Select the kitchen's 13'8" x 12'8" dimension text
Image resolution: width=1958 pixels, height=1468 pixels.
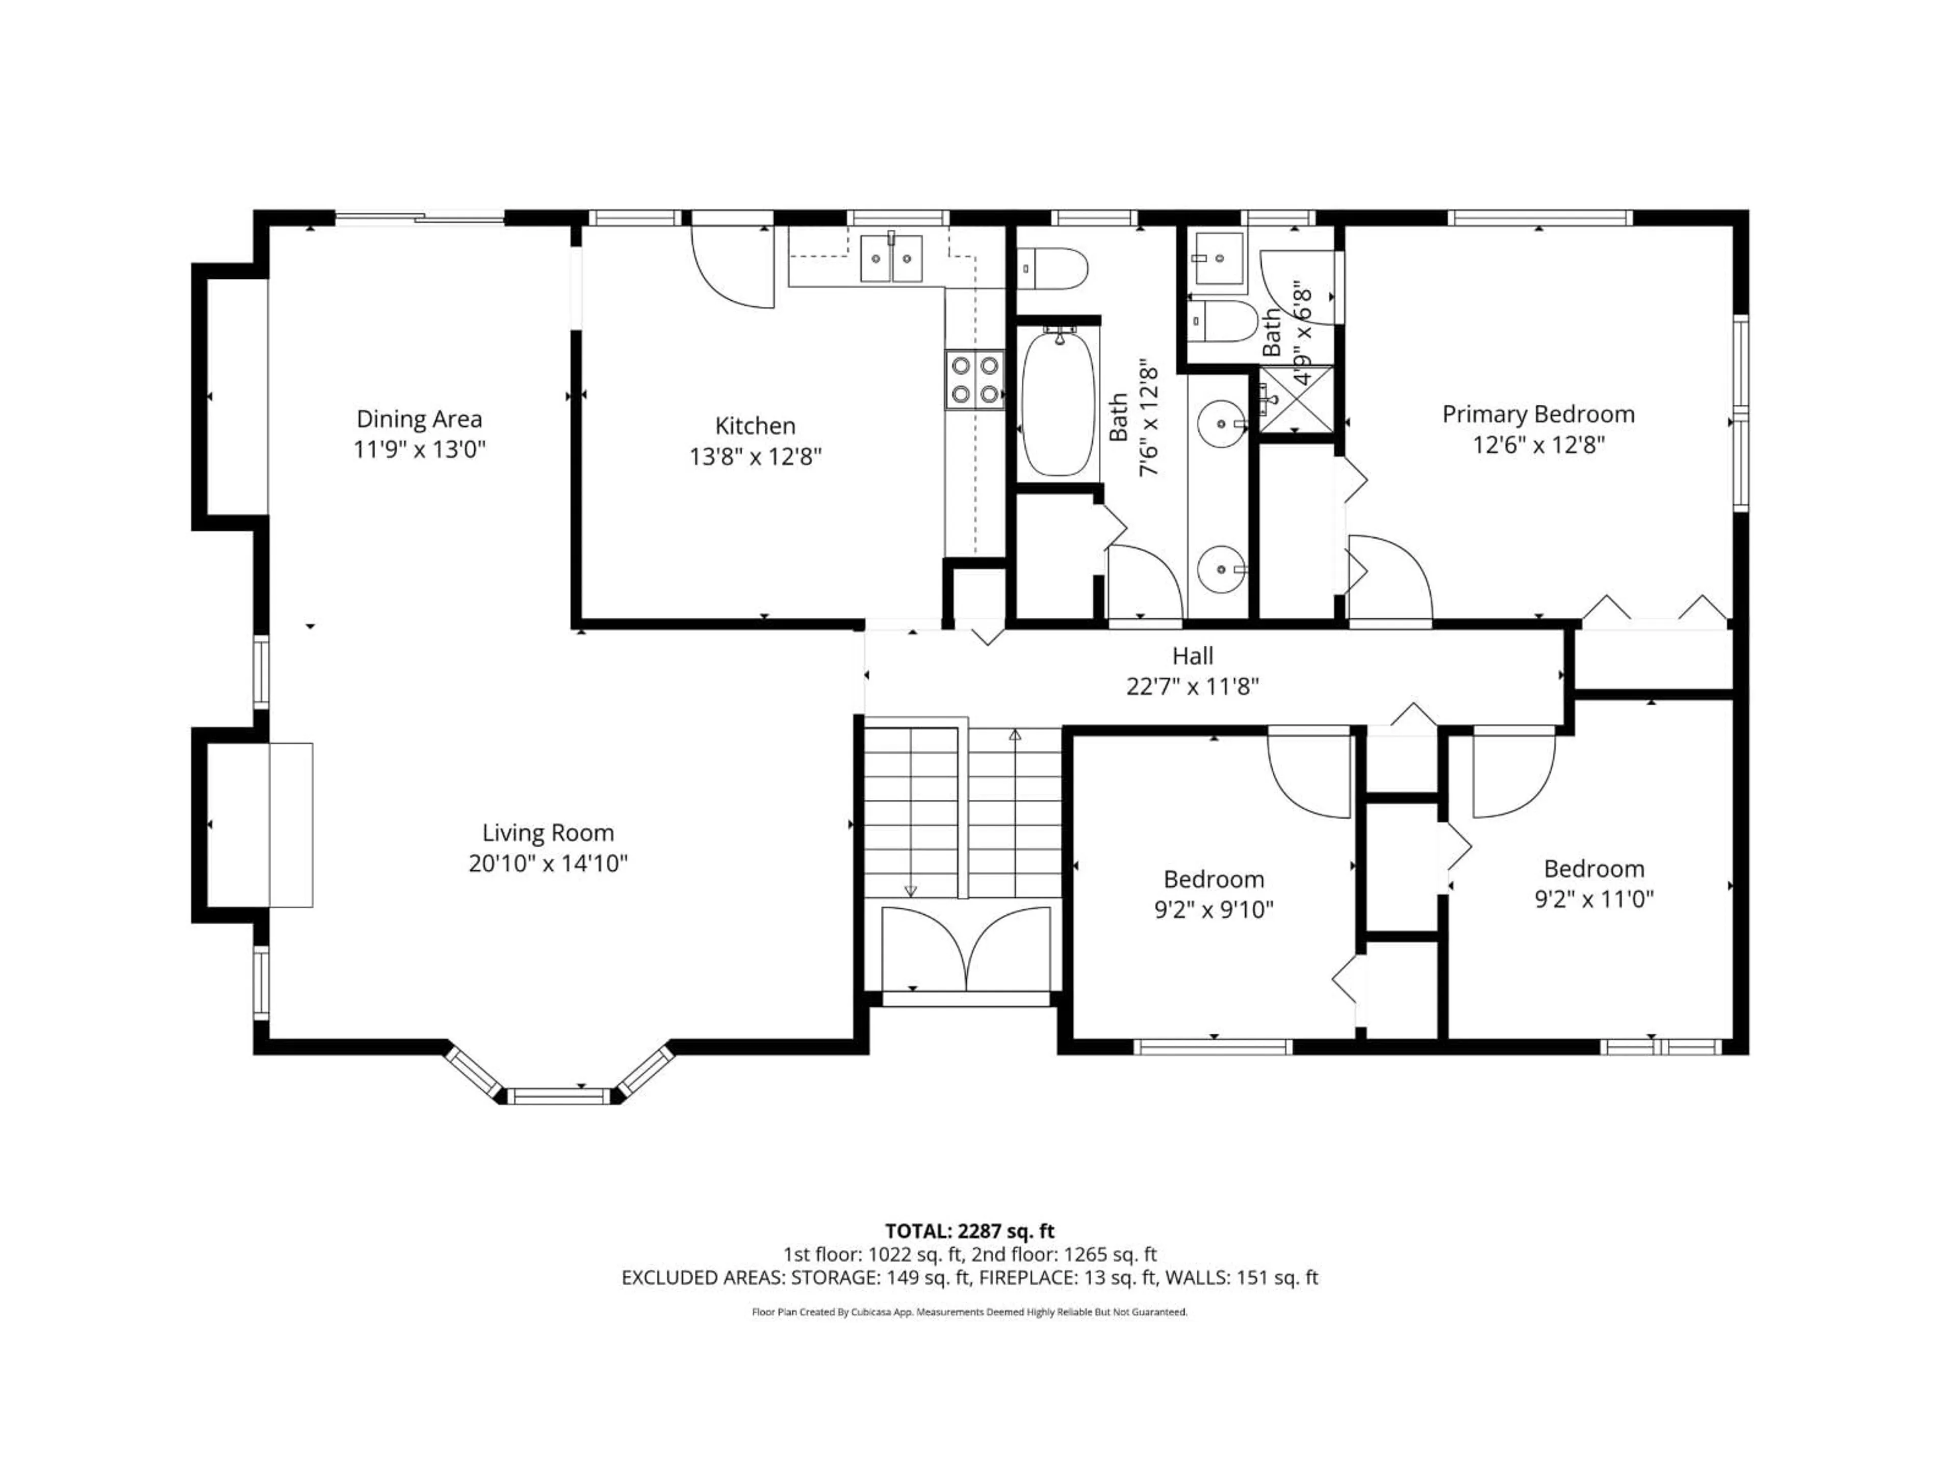755,457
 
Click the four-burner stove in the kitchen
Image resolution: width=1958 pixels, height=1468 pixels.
974,380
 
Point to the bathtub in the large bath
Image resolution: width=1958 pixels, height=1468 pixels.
1058,403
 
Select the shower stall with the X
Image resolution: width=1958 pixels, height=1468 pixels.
1295,400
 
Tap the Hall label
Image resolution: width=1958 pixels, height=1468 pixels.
1192,656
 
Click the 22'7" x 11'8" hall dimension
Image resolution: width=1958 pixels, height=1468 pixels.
1192,687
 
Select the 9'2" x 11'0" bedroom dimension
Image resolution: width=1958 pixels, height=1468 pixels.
1593,899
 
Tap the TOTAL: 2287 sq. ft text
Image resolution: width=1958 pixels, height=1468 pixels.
969,1231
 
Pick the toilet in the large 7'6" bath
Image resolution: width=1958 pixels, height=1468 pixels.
1053,269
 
